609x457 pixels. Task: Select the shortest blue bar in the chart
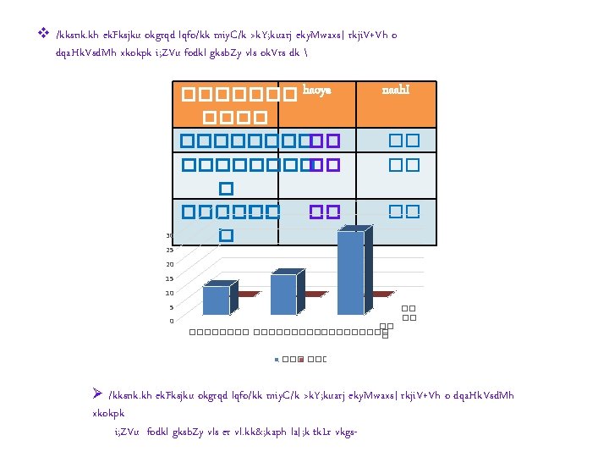click(x=216, y=300)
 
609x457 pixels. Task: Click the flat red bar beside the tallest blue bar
click(x=379, y=295)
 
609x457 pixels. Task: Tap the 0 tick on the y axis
click(x=171, y=321)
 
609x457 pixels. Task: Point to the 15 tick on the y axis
click(x=169, y=278)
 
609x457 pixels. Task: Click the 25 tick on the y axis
click(x=169, y=251)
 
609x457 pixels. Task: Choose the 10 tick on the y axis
click(x=169, y=293)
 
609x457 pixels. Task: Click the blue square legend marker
click(x=277, y=360)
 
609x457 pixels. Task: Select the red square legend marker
click(x=303, y=360)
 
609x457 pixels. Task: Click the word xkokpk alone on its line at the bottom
click(x=107, y=414)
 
